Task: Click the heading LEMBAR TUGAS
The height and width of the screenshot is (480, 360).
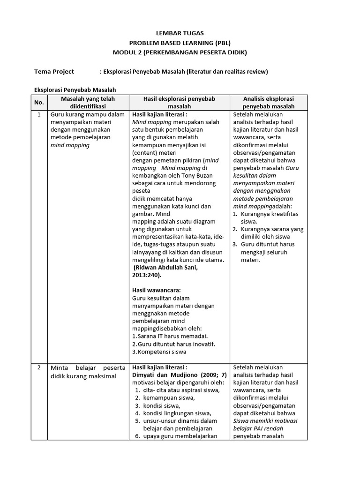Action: [x=180, y=34]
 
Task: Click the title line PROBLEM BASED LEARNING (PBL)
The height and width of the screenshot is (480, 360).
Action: [x=180, y=43]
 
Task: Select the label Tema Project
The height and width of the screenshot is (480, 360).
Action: [x=54, y=72]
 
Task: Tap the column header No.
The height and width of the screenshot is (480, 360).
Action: [x=39, y=103]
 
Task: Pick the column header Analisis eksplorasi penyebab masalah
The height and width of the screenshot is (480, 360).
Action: [x=268, y=103]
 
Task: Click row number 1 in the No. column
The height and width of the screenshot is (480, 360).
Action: [x=39, y=114]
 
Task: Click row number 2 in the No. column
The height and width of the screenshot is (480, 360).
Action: [x=39, y=367]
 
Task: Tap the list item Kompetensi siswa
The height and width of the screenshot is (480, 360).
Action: [x=161, y=352]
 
